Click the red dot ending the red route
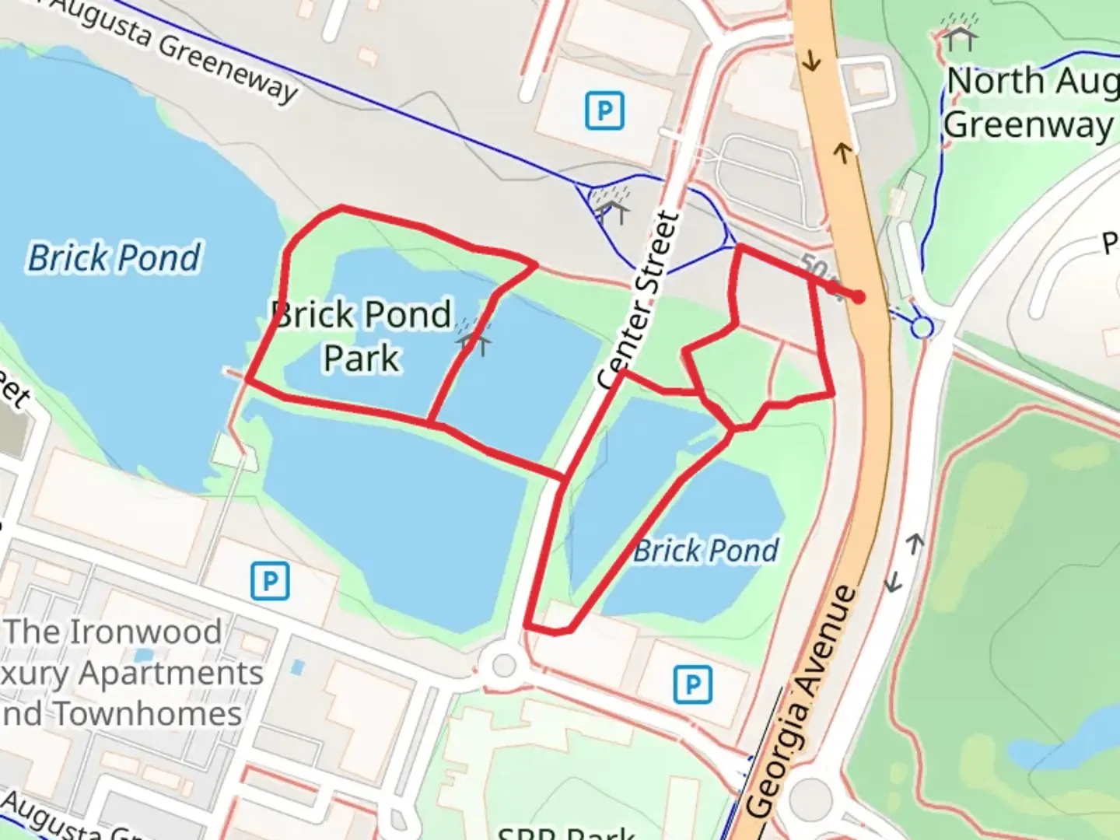click(858, 296)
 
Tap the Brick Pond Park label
click(362, 336)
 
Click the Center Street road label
click(639, 300)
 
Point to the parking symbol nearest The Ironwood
click(270, 581)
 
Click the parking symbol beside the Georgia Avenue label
click(692, 684)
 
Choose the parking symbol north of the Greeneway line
click(604, 110)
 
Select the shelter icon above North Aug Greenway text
click(960, 32)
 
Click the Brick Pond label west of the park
click(114, 258)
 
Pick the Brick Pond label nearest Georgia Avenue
click(705, 551)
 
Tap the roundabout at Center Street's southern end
click(504, 666)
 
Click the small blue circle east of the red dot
click(922, 327)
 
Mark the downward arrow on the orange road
click(812, 60)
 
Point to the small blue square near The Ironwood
click(296, 667)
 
